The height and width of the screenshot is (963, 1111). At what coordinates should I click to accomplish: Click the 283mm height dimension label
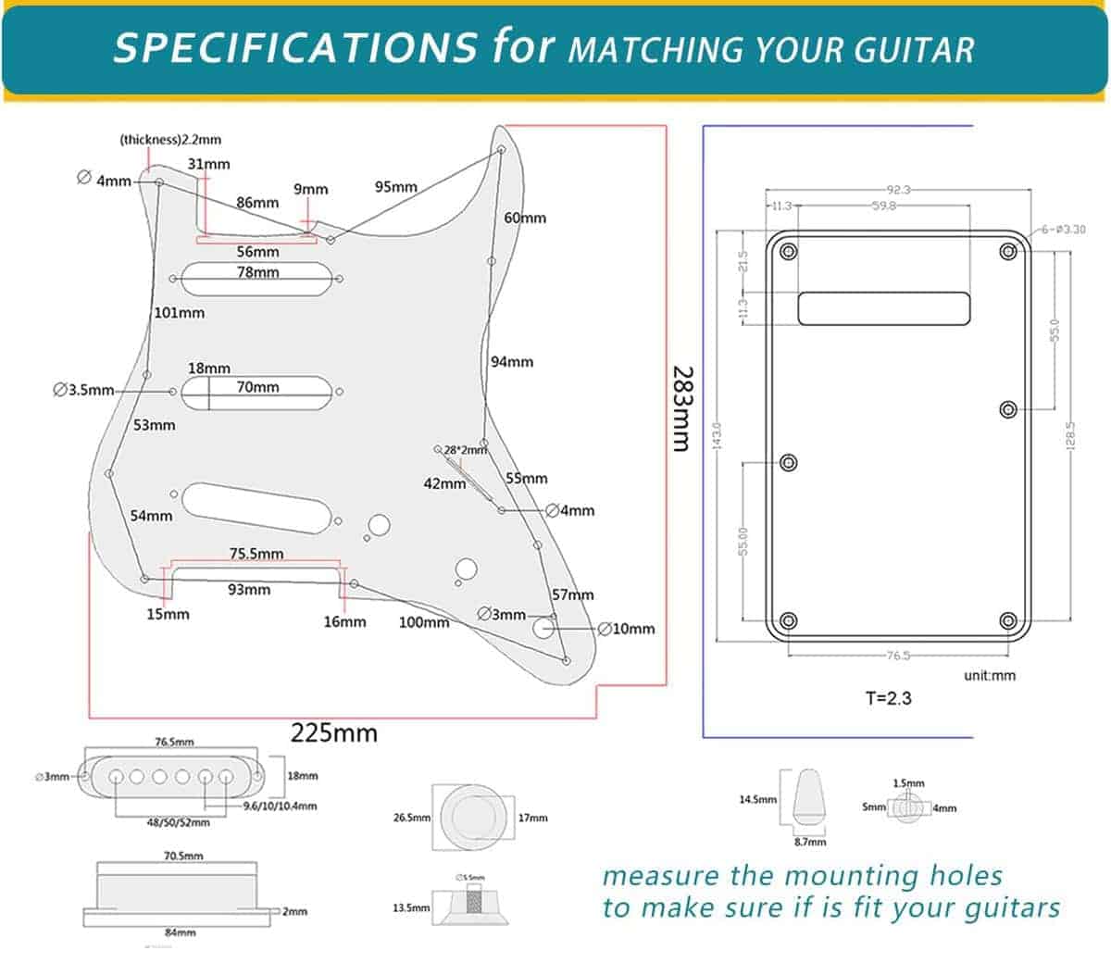tap(681, 407)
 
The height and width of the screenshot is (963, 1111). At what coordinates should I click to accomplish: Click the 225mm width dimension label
tap(334, 733)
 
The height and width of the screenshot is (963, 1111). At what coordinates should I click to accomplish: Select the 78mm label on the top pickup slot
tap(257, 272)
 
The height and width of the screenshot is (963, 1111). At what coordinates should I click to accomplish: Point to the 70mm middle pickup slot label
tap(257, 387)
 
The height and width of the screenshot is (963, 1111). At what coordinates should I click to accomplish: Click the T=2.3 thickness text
tap(888, 698)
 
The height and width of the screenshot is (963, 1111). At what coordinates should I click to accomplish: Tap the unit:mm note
tap(989, 675)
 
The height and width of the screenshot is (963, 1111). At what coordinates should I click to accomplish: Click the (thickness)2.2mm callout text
tap(170, 140)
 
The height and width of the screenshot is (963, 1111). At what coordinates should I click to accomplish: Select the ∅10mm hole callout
tap(627, 629)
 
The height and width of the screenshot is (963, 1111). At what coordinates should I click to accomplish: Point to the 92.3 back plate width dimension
tap(897, 190)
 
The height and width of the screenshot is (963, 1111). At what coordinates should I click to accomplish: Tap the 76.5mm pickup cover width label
tap(174, 742)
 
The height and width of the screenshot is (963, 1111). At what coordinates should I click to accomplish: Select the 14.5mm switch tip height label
tap(757, 799)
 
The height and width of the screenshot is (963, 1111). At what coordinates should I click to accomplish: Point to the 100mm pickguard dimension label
tap(423, 622)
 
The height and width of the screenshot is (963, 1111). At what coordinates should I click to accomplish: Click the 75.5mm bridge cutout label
tap(256, 554)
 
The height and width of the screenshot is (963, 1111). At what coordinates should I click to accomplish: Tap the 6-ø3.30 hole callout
tap(1065, 230)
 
